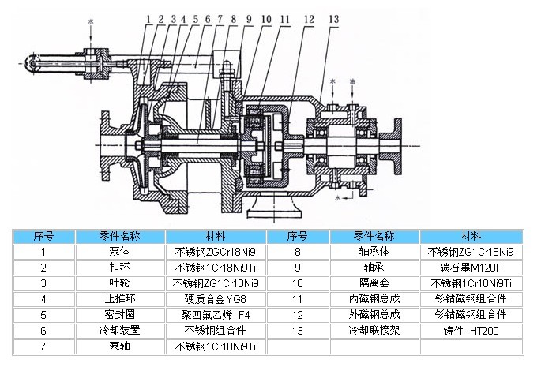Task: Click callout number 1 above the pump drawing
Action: point(148,17)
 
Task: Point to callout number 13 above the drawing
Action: point(334,17)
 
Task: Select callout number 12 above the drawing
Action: point(308,17)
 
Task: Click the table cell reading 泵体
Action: point(120,252)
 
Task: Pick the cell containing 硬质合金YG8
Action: point(216,299)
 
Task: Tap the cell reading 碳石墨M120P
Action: point(471,268)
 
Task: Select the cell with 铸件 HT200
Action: point(471,331)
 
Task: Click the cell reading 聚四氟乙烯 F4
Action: point(216,315)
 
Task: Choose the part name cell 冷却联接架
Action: point(375,331)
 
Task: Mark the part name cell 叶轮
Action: point(120,283)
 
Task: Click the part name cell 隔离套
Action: point(375,283)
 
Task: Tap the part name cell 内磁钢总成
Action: point(375,299)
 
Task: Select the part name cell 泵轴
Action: point(120,346)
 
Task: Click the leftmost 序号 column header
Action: point(43,236)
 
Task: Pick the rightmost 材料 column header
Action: point(471,236)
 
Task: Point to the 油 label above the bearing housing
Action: point(352,81)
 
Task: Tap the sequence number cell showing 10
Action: point(298,283)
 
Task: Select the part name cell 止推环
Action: point(120,299)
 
